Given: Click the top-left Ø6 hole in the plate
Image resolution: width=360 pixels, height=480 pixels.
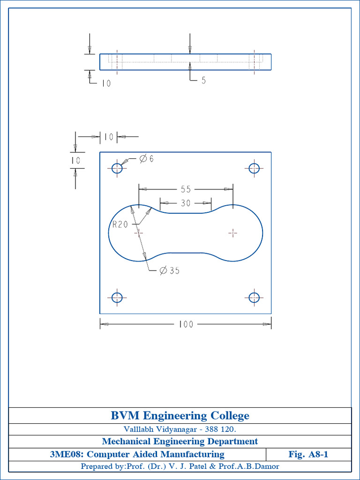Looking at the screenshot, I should pyautogui.click(x=117, y=168).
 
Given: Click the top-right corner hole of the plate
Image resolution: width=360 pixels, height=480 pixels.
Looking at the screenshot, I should pyautogui.click(x=254, y=168).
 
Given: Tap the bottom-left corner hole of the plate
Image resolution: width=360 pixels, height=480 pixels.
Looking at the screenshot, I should pyautogui.click(x=117, y=297).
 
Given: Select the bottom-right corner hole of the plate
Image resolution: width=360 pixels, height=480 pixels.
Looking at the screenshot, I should pyautogui.click(x=254, y=297).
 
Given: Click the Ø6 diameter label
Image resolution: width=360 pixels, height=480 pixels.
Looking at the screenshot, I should pyautogui.click(x=146, y=159).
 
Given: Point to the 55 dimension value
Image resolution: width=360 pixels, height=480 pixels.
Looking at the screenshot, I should pyautogui.click(x=186, y=189).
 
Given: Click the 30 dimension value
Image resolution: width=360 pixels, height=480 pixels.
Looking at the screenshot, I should pyautogui.click(x=186, y=203).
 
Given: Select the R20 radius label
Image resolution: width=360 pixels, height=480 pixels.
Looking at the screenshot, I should pyautogui.click(x=120, y=225).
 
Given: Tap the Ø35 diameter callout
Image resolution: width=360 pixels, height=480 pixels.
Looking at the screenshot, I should pyautogui.click(x=169, y=270).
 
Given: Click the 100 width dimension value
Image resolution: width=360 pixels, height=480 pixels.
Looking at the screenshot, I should pyautogui.click(x=186, y=324).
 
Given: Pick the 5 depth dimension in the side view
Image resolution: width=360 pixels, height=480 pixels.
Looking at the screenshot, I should pyautogui.click(x=203, y=80).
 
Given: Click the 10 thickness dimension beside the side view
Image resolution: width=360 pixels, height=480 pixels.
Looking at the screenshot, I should pyautogui.click(x=106, y=83).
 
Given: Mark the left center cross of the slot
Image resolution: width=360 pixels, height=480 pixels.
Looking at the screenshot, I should pyautogui.click(x=138, y=232).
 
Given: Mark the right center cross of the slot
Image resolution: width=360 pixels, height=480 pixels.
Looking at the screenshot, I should pyautogui.click(x=233, y=232).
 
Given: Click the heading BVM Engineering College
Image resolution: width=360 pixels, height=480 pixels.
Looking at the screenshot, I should pyautogui.click(x=180, y=416).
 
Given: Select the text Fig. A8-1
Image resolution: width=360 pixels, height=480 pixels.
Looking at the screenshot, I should pyautogui.click(x=308, y=454).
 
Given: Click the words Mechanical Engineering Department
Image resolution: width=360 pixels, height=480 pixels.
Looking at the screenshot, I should pyautogui.click(x=180, y=442).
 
